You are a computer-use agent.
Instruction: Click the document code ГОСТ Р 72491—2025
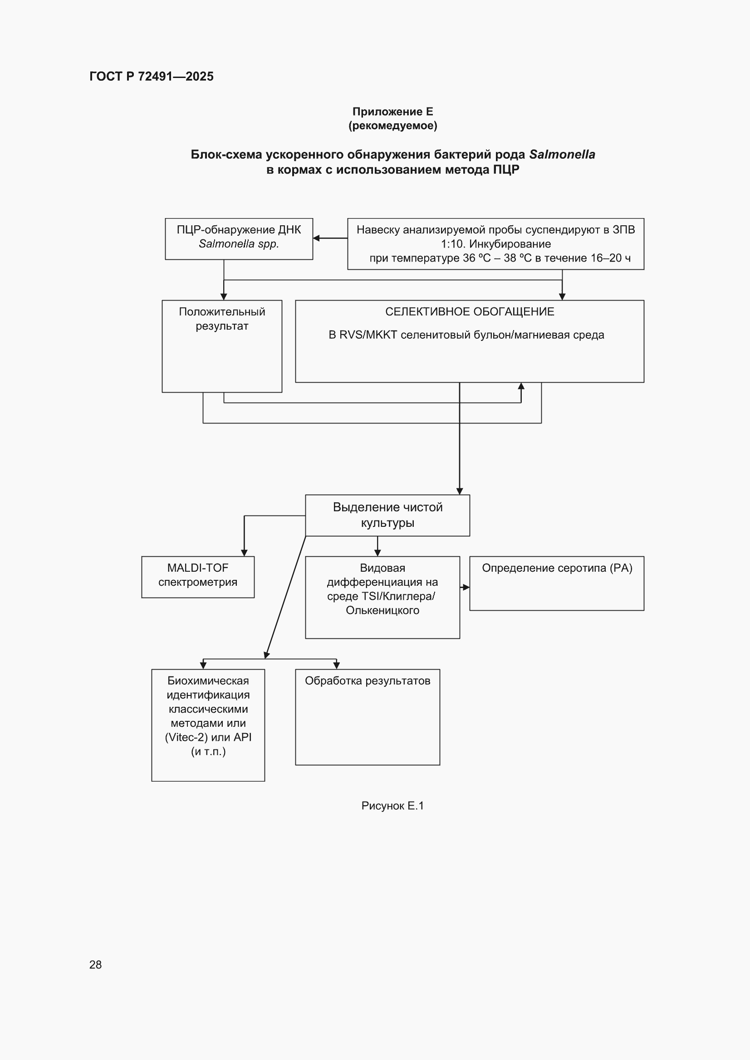(152, 76)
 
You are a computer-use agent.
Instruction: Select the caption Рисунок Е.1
(392, 806)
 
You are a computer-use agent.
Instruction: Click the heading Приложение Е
(393, 111)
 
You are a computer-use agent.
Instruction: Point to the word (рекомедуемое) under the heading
(393, 126)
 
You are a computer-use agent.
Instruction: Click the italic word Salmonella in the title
(562, 154)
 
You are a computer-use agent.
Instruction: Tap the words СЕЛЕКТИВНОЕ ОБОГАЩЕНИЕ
(470, 311)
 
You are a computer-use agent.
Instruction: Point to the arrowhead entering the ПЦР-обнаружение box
(317, 238)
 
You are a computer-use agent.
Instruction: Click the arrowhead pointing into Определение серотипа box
(466, 587)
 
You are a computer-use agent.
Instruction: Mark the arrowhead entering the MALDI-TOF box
(244, 553)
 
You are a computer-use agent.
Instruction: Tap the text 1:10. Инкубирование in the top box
(495, 244)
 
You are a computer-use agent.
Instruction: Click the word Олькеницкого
(382, 610)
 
